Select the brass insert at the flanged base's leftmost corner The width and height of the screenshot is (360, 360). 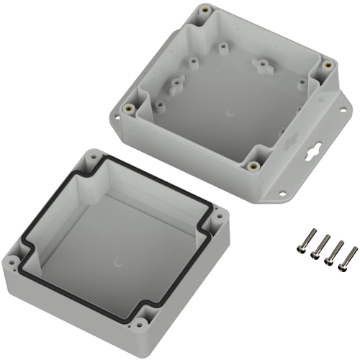(128, 109)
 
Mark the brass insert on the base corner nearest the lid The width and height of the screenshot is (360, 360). (254, 165)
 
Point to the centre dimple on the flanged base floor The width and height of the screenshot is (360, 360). (230, 113)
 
